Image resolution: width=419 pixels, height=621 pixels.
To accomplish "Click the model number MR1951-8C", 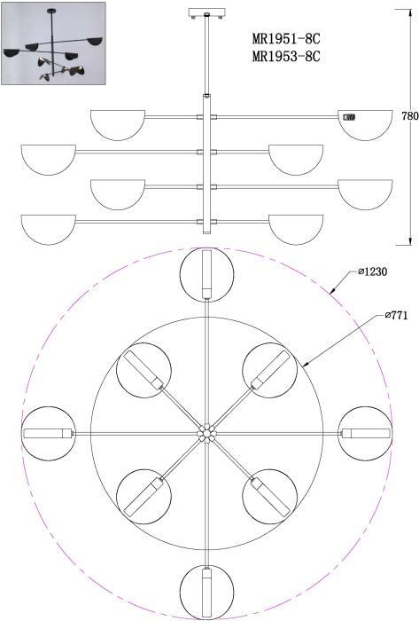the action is click(x=286, y=39).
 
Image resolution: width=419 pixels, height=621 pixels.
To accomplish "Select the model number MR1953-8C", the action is click(x=286, y=57).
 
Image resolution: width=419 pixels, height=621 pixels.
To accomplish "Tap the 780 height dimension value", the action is click(x=410, y=116).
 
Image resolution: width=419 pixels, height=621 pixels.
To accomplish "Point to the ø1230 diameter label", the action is click(x=372, y=271).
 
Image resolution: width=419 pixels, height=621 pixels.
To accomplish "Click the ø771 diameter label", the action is click(x=396, y=315).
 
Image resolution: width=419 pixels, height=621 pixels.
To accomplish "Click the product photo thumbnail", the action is click(x=53, y=43).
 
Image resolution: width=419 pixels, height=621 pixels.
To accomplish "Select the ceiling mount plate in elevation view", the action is click(x=206, y=13).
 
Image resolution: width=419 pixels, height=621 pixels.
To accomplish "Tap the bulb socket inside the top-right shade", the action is click(x=349, y=117).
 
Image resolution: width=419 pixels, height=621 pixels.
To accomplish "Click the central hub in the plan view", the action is click(x=206, y=433).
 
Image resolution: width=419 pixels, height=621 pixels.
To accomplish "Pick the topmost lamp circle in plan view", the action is click(x=206, y=274).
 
